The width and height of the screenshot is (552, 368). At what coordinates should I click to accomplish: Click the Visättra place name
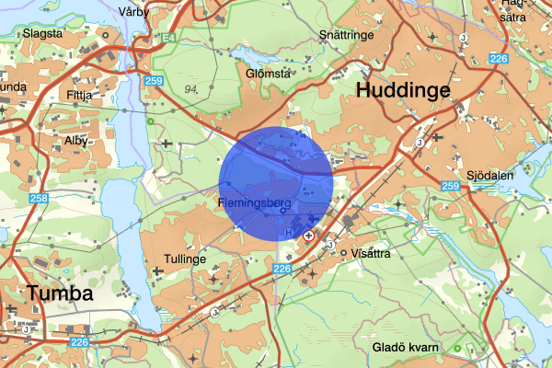372,253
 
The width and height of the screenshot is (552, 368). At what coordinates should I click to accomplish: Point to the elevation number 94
192,89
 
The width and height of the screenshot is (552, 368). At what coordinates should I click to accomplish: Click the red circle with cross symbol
309,236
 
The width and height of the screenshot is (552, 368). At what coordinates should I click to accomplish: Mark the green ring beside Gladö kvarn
455,348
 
